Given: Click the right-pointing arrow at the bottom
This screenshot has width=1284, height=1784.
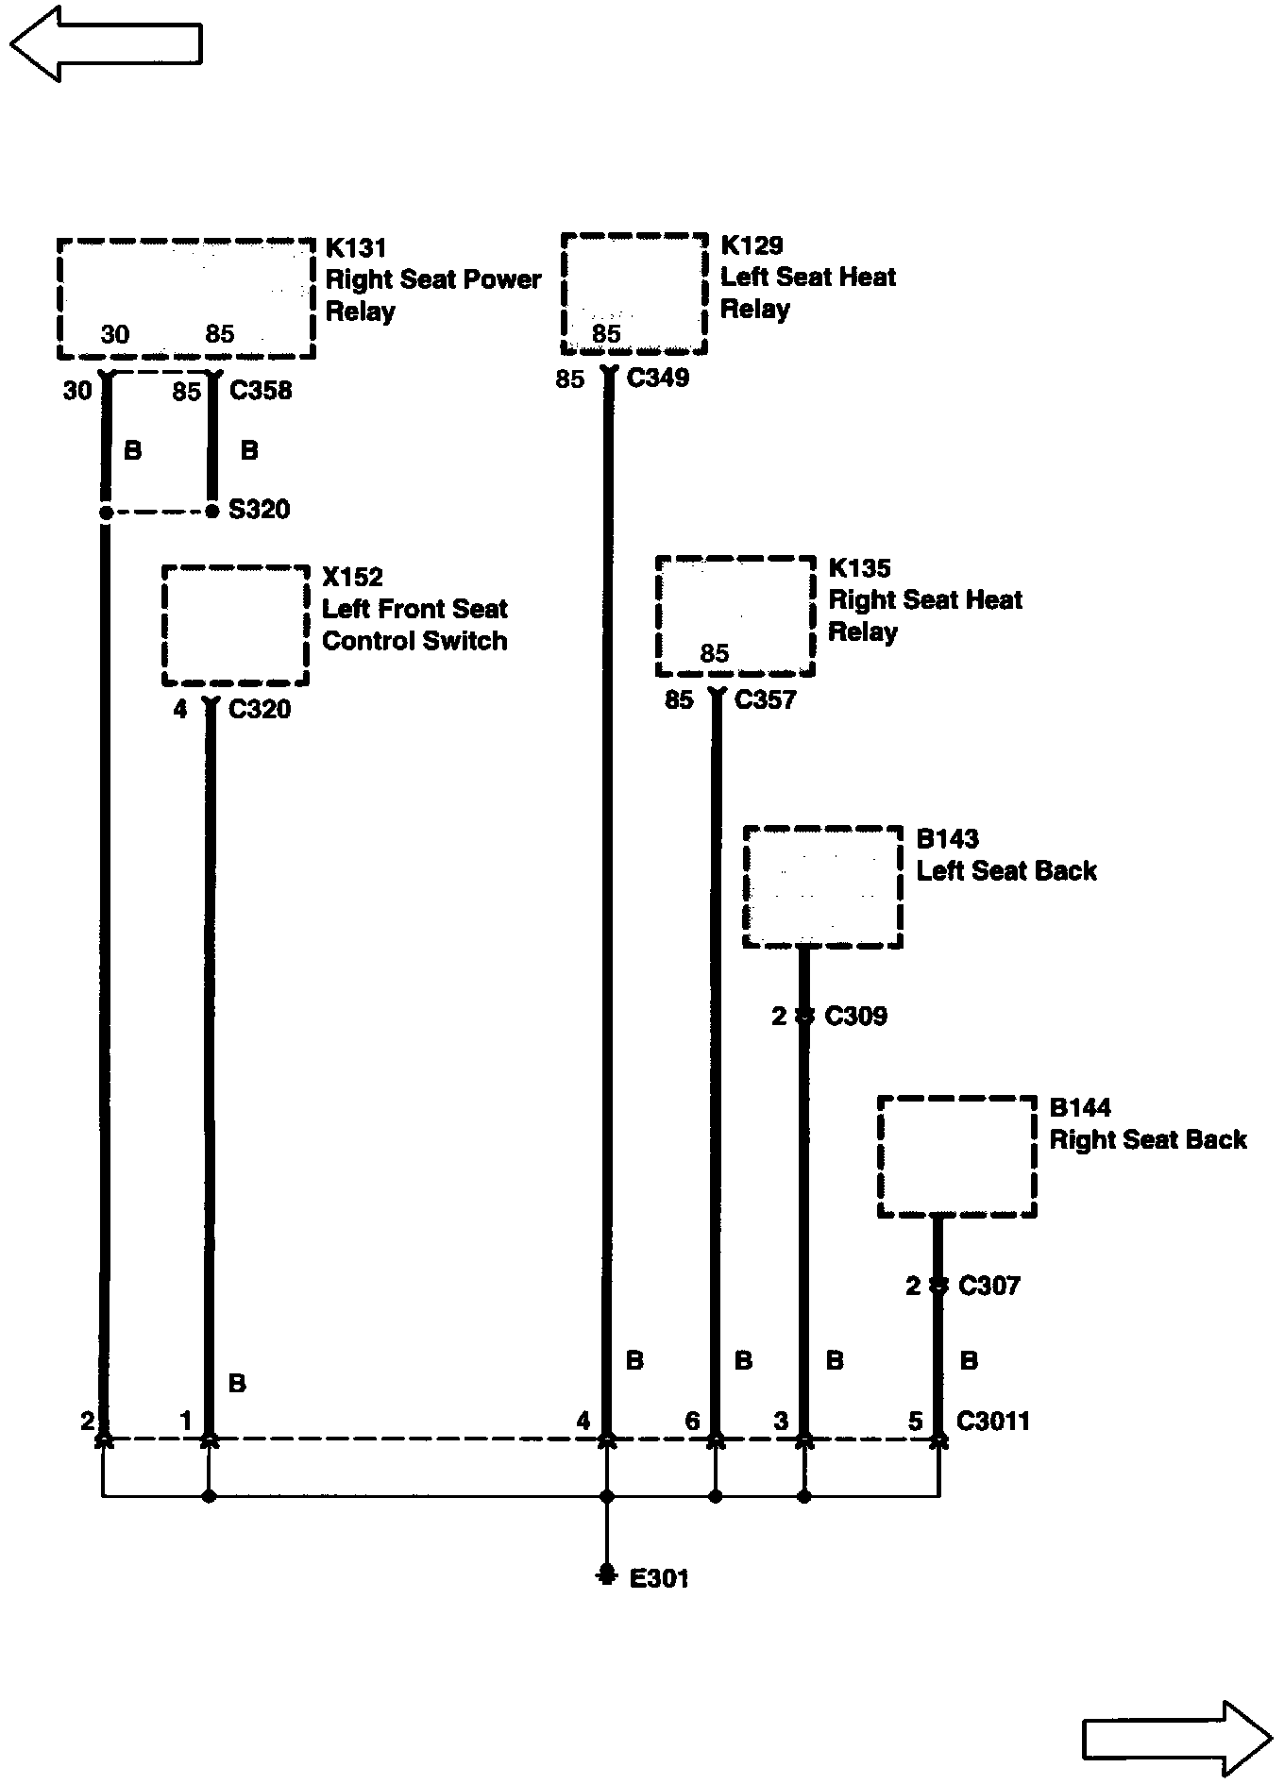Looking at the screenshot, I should pyautogui.click(x=1176, y=1738).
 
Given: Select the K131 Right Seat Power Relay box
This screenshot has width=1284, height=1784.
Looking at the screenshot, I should pyautogui.click(x=186, y=298).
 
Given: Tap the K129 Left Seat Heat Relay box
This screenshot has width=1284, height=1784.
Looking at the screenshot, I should pyautogui.click(x=634, y=294).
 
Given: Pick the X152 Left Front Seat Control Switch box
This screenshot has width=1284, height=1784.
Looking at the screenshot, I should pyautogui.click(x=235, y=625).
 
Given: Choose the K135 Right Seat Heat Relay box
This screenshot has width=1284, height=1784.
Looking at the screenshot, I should pyautogui.click(x=735, y=615).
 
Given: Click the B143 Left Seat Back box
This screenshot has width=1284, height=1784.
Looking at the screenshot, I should pyautogui.click(x=822, y=886).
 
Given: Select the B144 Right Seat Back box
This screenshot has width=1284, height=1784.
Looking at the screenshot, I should pyautogui.click(x=956, y=1156).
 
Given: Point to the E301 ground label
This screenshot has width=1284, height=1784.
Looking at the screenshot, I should pyautogui.click(x=659, y=1577).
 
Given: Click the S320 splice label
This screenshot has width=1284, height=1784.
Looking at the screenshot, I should pyautogui.click(x=260, y=510).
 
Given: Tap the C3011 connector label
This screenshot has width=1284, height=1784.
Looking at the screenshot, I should pyautogui.click(x=992, y=1421).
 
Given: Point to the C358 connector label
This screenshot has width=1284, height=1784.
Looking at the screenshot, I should pyautogui.click(x=261, y=390).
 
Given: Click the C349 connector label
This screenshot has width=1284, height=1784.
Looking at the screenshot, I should pyautogui.click(x=658, y=378).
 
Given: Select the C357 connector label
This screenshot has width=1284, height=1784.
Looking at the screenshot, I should pyautogui.click(x=765, y=699).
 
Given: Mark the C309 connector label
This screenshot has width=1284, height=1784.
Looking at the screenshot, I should pyautogui.click(x=855, y=1016).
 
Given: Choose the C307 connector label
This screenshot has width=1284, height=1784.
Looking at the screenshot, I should pyautogui.click(x=989, y=1285).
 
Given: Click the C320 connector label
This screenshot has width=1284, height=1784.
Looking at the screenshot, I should pyautogui.click(x=260, y=709).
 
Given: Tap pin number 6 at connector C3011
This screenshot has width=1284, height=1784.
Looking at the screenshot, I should pyautogui.click(x=693, y=1421).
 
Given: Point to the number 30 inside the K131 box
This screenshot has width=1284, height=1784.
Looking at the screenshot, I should pyautogui.click(x=115, y=334).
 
